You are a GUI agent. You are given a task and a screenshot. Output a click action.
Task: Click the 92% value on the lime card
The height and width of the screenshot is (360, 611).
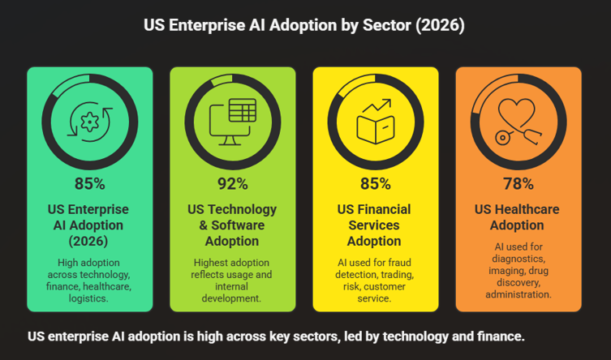pyautogui.click(x=232, y=183)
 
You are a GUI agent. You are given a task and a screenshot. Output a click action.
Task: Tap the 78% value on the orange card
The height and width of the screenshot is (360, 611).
pyautogui.click(x=518, y=183)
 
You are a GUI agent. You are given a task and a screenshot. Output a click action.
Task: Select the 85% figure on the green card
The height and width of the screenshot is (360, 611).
pyautogui.click(x=89, y=183)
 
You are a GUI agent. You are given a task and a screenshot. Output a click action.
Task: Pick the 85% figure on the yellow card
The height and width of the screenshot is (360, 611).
pyautogui.click(x=375, y=183)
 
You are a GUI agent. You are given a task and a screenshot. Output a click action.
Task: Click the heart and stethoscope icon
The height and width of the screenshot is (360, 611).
pyautogui.click(x=518, y=122)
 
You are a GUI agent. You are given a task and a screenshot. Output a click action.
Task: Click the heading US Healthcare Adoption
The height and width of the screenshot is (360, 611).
pyautogui.click(x=518, y=217)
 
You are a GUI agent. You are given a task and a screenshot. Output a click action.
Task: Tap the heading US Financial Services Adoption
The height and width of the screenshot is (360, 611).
pyautogui.click(x=375, y=225)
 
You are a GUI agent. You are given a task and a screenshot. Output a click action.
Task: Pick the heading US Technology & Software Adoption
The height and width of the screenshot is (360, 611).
pyautogui.click(x=232, y=225)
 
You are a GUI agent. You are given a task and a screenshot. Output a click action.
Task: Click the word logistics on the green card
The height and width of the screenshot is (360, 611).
pyautogui.click(x=89, y=299)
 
